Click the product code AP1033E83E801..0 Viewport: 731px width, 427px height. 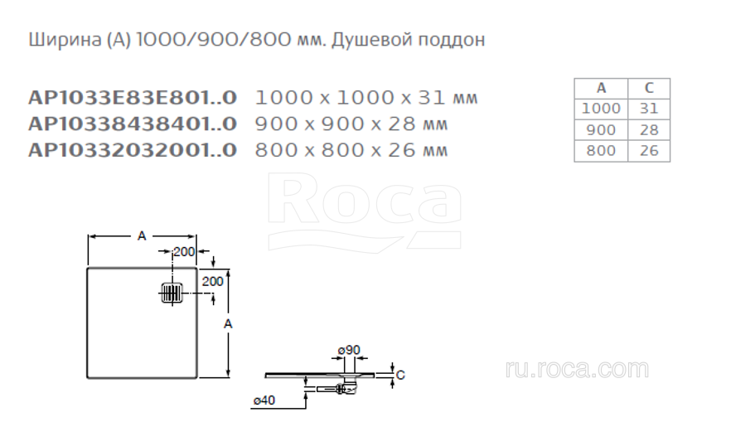click(x=133, y=98)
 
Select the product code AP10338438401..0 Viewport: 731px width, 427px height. click(x=133, y=124)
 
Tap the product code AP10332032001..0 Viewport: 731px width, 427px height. click(x=133, y=150)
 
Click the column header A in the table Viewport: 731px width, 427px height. click(x=601, y=88)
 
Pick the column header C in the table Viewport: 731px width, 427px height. click(x=649, y=88)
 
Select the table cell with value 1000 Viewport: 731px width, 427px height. click(x=601, y=109)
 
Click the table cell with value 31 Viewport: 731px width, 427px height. click(x=649, y=109)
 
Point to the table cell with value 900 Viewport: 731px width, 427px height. click(x=601, y=129)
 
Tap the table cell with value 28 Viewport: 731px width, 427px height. click(x=649, y=129)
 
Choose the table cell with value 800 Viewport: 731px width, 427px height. click(x=601, y=151)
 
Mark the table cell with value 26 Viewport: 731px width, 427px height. click(x=649, y=151)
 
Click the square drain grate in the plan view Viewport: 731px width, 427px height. click(x=172, y=294)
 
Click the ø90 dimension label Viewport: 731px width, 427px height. click(x=349, y=350)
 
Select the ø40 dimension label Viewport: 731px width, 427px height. click(x=264, y=400)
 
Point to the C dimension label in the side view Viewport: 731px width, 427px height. click(x=400, y=375)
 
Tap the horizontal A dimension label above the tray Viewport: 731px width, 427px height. click(x=142, y=236)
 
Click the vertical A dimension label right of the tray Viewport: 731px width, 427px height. click(x=228, y=323)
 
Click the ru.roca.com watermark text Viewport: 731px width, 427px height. click(x=577, y=369)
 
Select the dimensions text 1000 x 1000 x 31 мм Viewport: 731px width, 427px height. click(x=366, y=98)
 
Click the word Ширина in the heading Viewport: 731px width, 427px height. click(x=65, y=40)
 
